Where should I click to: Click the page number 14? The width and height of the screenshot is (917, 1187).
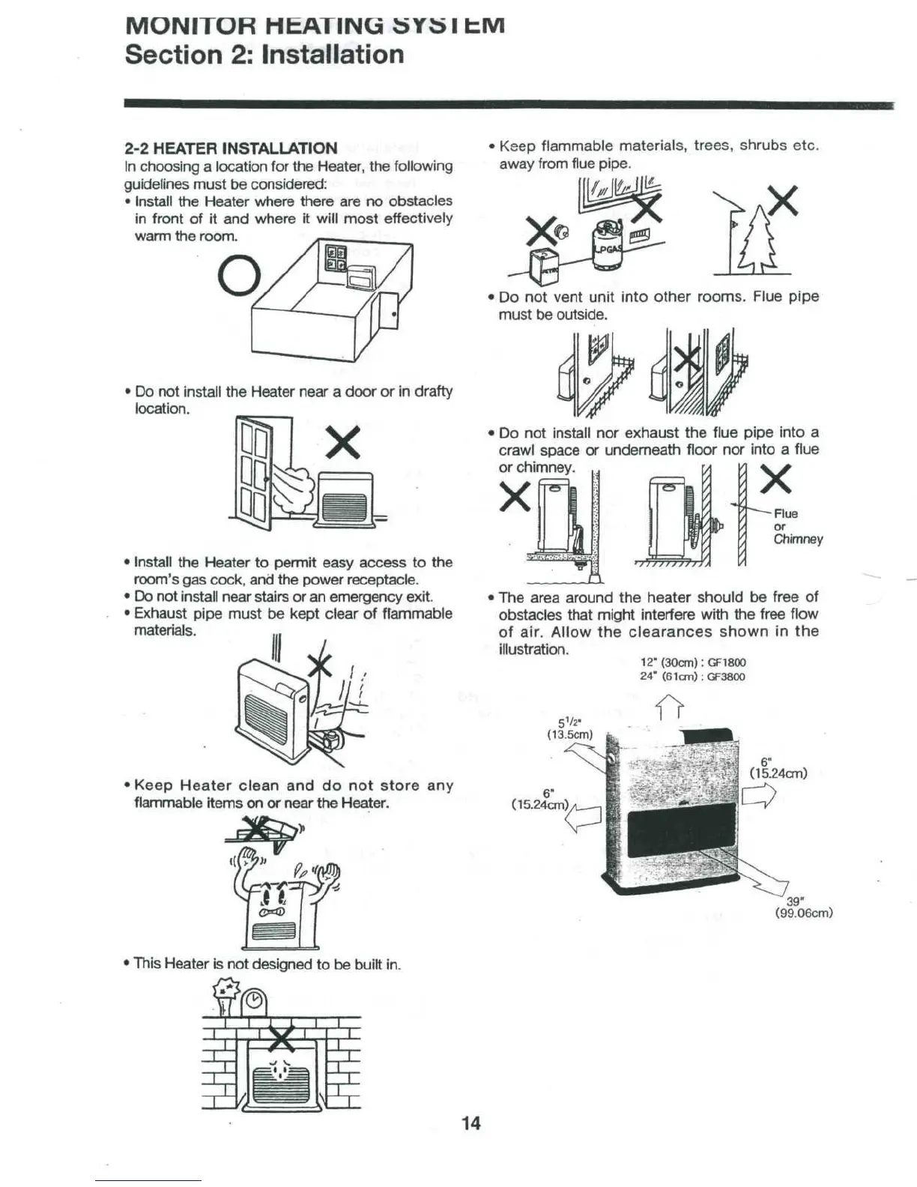470,1123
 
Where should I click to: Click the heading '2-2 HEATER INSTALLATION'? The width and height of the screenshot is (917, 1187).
231,148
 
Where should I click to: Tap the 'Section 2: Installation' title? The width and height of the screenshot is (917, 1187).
264,55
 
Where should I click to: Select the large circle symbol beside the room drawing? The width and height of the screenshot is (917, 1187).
239,276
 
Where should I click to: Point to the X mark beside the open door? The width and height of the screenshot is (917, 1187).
343,442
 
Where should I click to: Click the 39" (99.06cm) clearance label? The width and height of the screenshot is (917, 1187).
803,907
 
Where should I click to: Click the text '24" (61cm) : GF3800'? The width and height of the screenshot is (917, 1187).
692,676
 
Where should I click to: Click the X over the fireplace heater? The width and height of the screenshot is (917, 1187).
282,1037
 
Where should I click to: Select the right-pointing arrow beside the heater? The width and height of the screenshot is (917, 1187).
757,796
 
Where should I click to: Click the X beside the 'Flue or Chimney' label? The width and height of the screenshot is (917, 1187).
775,477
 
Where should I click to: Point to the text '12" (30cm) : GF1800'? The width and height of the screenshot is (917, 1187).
692,662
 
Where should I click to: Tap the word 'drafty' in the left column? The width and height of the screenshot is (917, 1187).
433,391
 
